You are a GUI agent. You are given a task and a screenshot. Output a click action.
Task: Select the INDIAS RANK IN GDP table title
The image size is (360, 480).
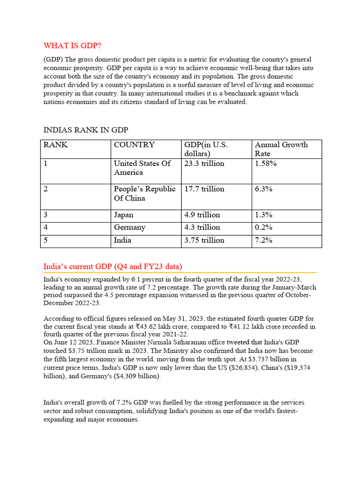[x=86, y=130]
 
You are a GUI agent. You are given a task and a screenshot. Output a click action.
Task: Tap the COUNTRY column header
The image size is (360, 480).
[x=134, y=145]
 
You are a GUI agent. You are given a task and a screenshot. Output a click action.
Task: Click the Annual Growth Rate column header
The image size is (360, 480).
[x=281, y=149]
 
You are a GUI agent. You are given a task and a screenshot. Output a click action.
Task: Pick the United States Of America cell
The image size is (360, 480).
[x=142, y=168]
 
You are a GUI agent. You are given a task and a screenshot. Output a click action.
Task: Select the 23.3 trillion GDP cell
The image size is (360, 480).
[x=204, y=164]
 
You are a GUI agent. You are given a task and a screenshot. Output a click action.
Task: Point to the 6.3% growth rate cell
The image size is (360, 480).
[x=264, y=189]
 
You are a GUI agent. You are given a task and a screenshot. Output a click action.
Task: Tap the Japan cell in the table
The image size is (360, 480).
[x=124, y=215]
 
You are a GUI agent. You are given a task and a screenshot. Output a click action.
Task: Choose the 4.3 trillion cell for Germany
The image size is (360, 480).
[x=202, y=227]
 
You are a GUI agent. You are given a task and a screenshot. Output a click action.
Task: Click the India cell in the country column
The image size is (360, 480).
[x=123, y=240]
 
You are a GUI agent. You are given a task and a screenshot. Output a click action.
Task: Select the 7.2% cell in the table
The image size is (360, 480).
[x=264, y=240]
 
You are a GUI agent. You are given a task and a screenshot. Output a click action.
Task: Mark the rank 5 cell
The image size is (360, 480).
[x=46, y=240]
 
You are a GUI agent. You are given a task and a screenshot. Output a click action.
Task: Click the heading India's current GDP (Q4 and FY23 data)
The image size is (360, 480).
[x=112, y=266]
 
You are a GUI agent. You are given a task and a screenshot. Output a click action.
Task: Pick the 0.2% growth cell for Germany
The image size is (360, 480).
[x=264, y=227]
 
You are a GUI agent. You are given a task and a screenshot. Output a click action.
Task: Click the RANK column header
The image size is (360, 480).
[x=55, y=145]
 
